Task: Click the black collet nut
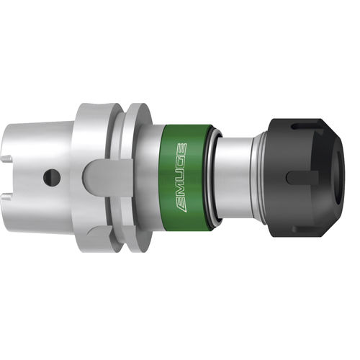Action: pos(302,176)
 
